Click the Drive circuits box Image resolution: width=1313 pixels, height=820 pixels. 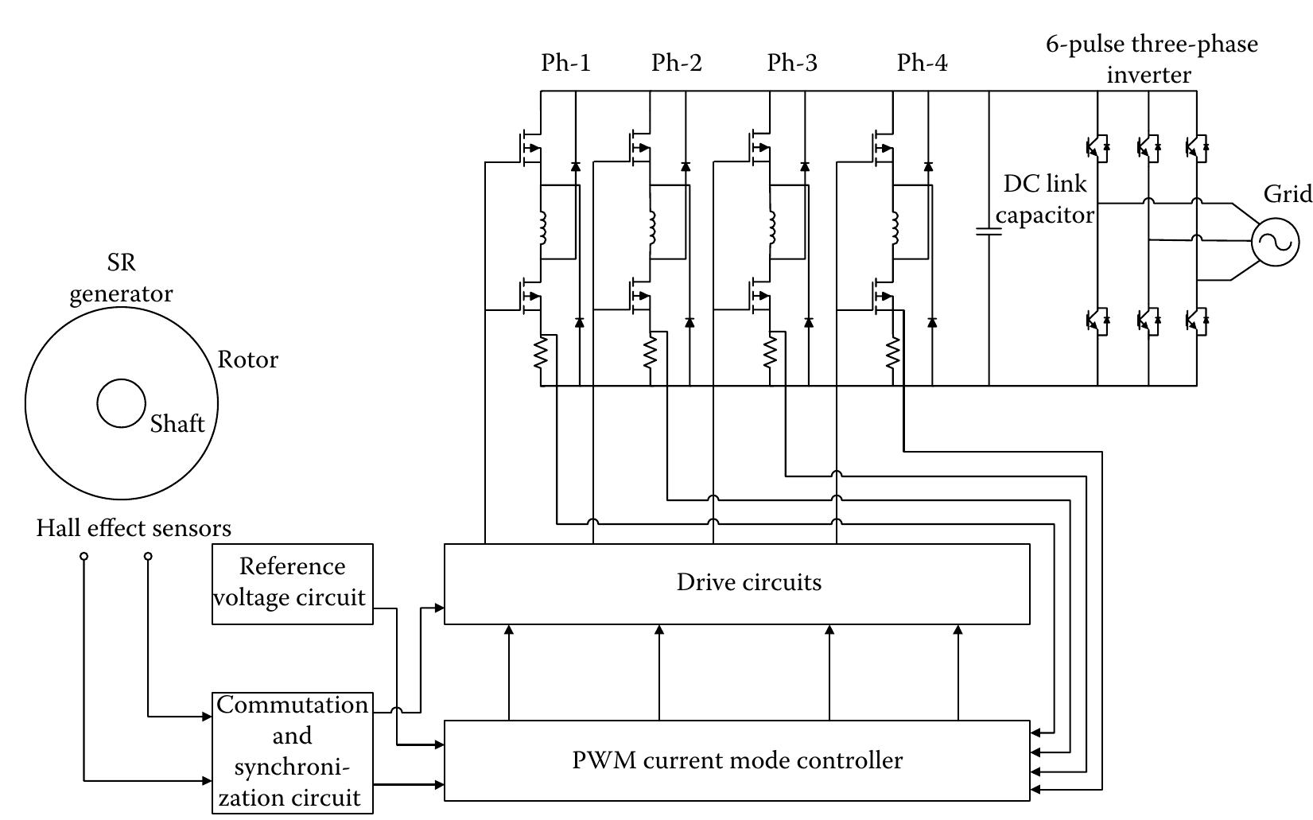(x=736, y=584)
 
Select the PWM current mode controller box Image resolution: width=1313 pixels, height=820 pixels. (x=736, y=760)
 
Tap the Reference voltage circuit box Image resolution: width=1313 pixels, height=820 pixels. (x=292, y=584)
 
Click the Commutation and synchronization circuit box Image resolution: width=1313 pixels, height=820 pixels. (x=292, y=752)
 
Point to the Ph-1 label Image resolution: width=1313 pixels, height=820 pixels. (x=565, y=63)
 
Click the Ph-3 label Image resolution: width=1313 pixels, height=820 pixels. (x=791, y=63)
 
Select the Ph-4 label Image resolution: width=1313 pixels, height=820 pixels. (x=922, y=63)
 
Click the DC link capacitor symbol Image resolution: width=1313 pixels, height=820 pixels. (x=989, y=232)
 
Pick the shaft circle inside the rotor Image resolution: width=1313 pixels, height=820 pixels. (x=121, y=403)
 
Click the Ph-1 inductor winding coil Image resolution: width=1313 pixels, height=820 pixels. (x=543, y=228)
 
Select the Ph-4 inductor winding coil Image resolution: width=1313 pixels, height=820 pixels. (x=895, y=228)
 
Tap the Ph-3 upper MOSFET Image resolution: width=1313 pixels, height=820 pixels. (x=760, y=147)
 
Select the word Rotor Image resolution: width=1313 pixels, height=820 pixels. (x=247, y=359)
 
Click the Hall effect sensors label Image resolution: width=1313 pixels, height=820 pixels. (x=134, y=528)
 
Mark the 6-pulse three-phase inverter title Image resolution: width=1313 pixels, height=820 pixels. (x=1151, y=59)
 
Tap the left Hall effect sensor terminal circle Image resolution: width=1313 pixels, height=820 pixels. (x=84, y=557)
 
